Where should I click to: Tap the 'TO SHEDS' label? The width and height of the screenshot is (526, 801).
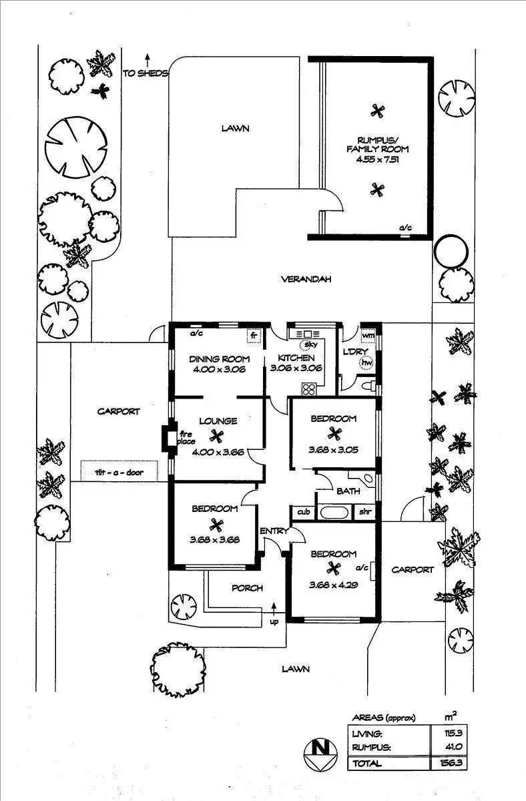[145, 73]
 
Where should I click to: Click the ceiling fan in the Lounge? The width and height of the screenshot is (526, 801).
[216, 437]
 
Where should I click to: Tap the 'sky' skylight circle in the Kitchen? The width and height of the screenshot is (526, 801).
[309, 345]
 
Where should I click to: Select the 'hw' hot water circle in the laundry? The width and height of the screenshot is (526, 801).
[365, 364]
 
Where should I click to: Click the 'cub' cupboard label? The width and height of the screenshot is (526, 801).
[304, 513]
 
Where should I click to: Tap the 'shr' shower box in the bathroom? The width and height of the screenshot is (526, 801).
[365, 513]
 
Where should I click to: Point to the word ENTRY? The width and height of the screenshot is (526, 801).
[274, 531]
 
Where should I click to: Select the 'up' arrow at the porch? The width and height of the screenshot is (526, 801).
[274, 612]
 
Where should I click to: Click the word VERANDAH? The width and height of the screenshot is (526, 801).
[306, 280]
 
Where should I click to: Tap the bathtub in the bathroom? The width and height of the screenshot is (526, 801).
[332, 513]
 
